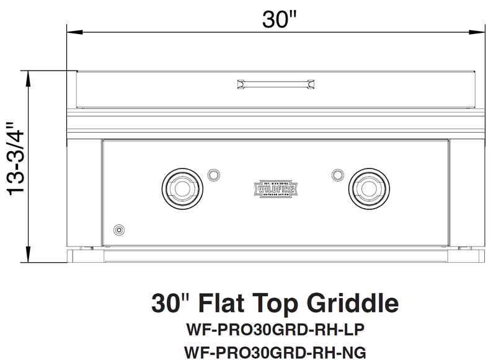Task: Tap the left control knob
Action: pos(182,187)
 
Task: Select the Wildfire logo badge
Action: pos(275,188)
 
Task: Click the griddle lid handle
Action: pos(275,84)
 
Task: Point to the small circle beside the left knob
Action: pos(213,173)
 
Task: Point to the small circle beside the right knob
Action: pos(338,173)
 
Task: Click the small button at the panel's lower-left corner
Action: pos(118,230)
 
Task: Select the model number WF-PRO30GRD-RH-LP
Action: pos(275,327)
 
